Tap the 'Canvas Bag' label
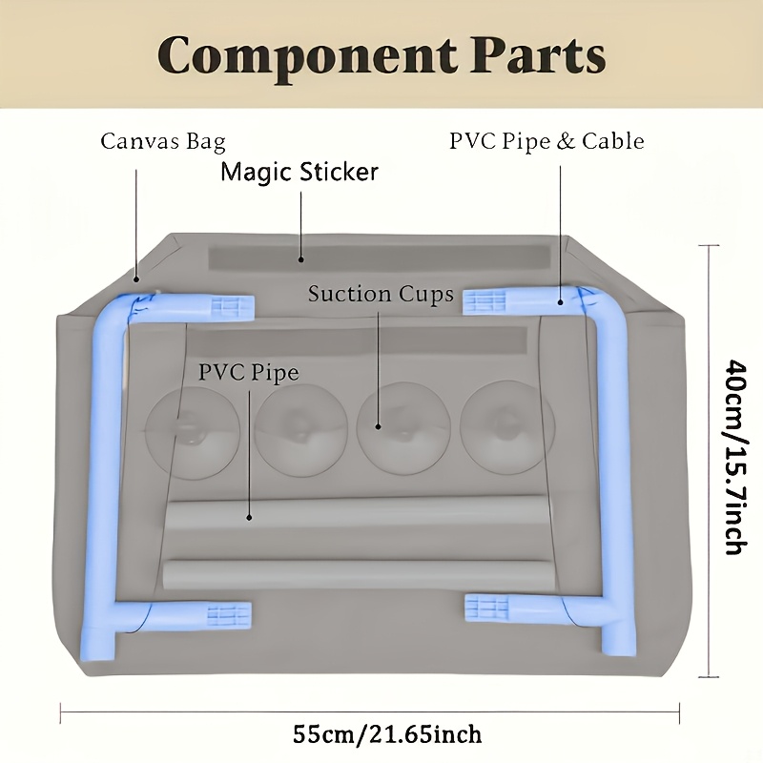point(163,142)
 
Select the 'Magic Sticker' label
point(299,173)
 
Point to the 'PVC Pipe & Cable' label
point(546,141)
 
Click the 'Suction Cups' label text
point(381,294)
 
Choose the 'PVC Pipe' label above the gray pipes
point(249,373)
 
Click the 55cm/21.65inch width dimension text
point(387,734)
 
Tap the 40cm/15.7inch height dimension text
point(735,457)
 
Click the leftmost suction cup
point(193,432)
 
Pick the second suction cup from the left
point(300,431)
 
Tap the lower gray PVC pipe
point(358,575)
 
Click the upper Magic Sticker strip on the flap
point(379,258)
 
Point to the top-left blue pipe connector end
point(233,307)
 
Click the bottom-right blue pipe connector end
point(486,608)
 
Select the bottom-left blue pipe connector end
point(230,615)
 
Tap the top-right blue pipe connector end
point(485,302)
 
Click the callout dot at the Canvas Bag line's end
point(137,279)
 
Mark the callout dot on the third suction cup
point(378,426)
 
